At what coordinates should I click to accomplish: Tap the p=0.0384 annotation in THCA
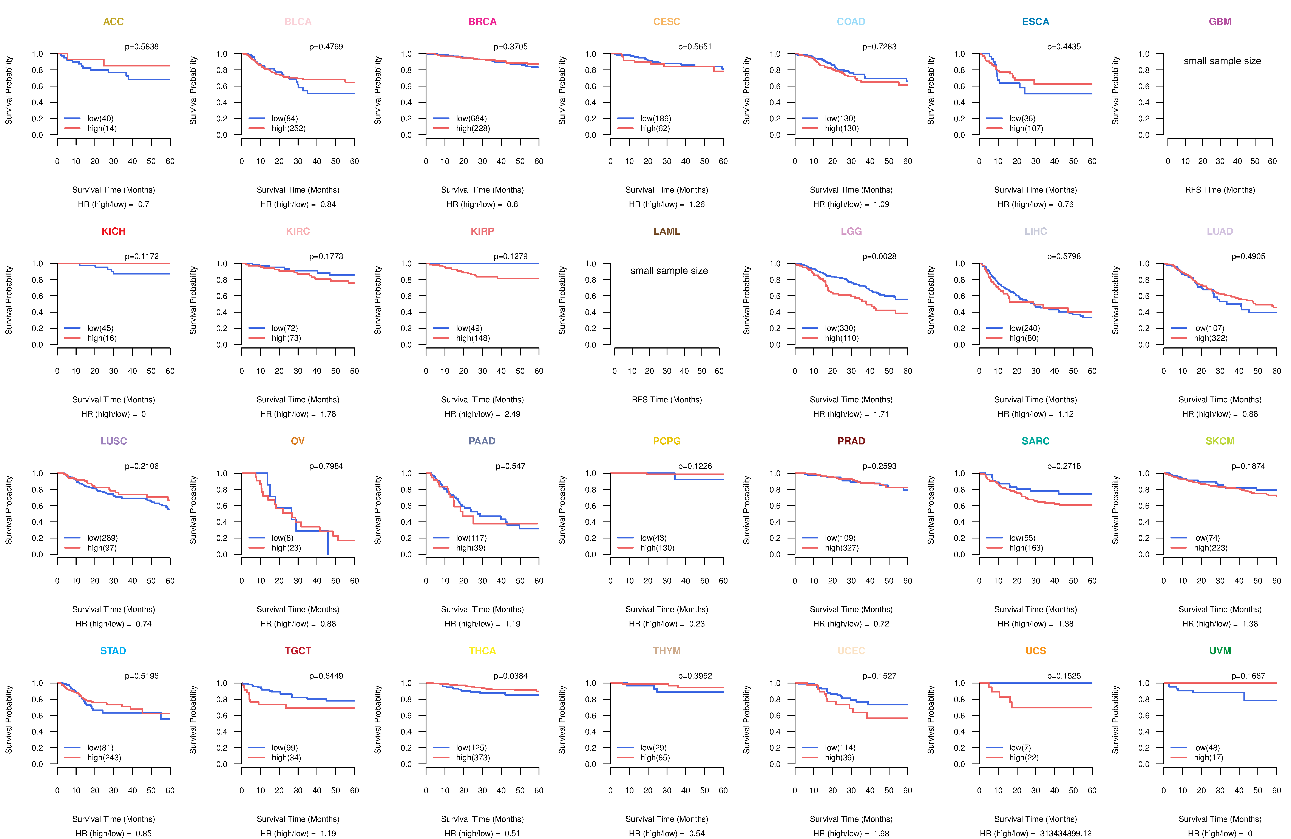point(510,676)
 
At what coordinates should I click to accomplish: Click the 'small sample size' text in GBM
point(1222,61)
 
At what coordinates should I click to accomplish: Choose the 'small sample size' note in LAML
point(669,271)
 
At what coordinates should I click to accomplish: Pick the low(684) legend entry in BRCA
point(471,118)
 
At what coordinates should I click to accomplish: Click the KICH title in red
point(113,231)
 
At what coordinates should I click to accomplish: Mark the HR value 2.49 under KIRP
point(512,414)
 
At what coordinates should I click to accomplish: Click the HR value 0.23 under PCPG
point(696,624)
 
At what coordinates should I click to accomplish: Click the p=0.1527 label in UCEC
point(879,676)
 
